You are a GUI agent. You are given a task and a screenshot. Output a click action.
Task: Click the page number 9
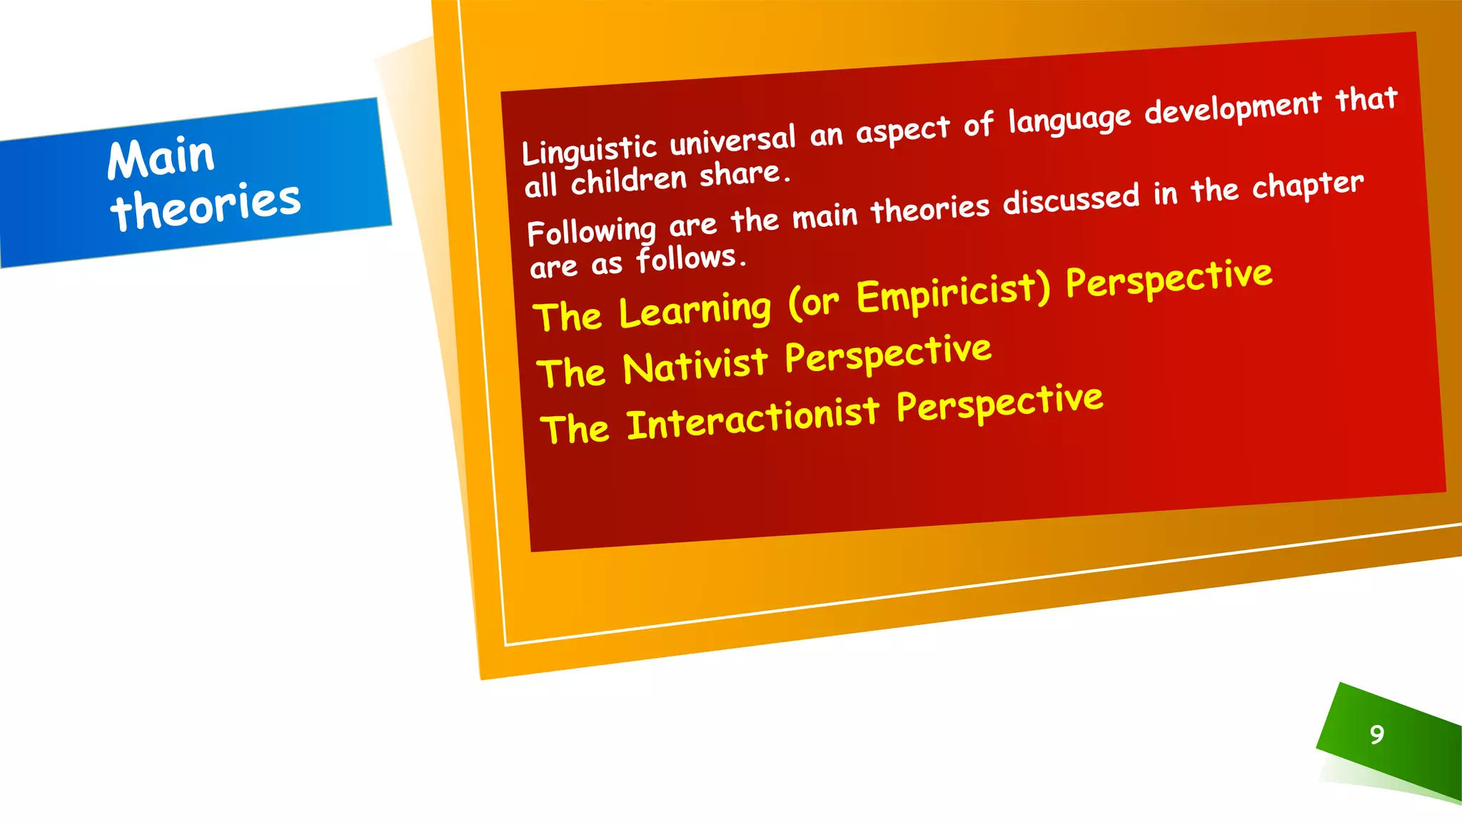tap(1377, 734)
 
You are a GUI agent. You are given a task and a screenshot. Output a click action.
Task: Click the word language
tap(1069, 119)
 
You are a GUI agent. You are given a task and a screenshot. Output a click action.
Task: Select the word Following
tap(591, 231)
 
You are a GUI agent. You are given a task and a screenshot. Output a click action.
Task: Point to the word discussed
tap(1071, 200)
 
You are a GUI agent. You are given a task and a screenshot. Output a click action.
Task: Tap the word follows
tap(690, 258)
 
